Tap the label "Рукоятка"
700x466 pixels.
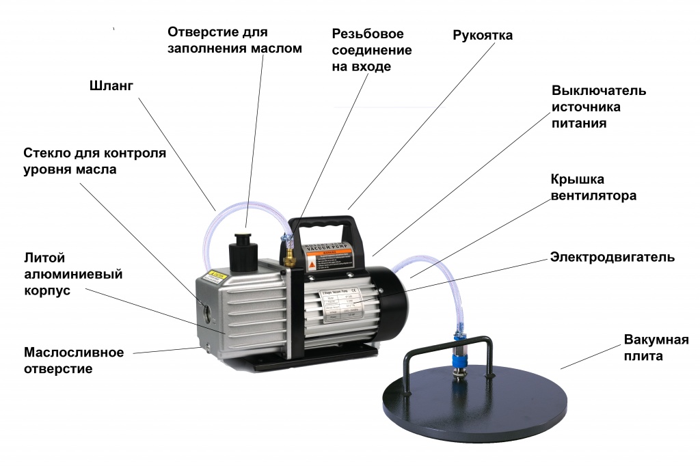482,35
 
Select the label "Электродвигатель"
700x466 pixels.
612,258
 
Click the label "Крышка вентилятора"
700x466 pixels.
593,187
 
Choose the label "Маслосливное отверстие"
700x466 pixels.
74,361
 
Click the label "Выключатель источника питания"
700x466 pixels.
599,107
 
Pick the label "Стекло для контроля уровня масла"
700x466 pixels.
94,161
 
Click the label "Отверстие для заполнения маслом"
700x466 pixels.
234,40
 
